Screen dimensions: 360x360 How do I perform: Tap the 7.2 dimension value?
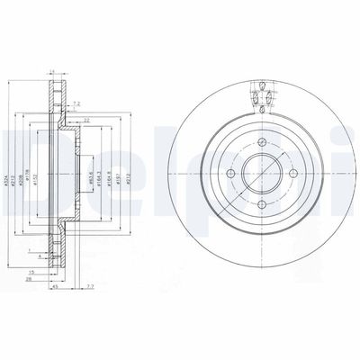click(x=75, y=103)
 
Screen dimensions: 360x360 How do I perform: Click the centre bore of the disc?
click(x=261, y=175)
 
